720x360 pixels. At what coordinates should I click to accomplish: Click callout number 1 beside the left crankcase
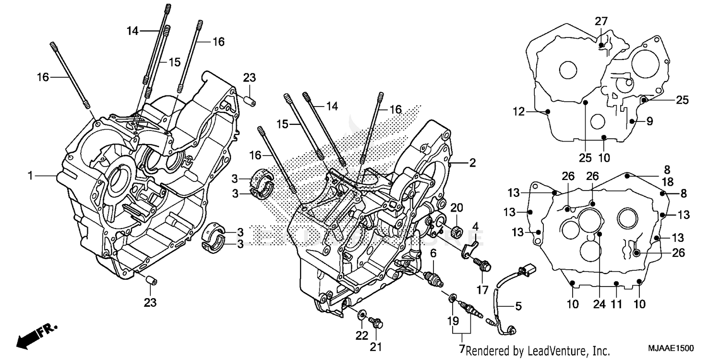tap(30, 176)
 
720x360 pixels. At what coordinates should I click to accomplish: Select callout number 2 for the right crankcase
tap(472, 163)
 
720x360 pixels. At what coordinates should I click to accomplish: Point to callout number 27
tap(601, 21)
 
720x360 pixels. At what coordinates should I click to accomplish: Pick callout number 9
tap(649, 121)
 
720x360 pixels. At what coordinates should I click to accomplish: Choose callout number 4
tap(475, 226)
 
